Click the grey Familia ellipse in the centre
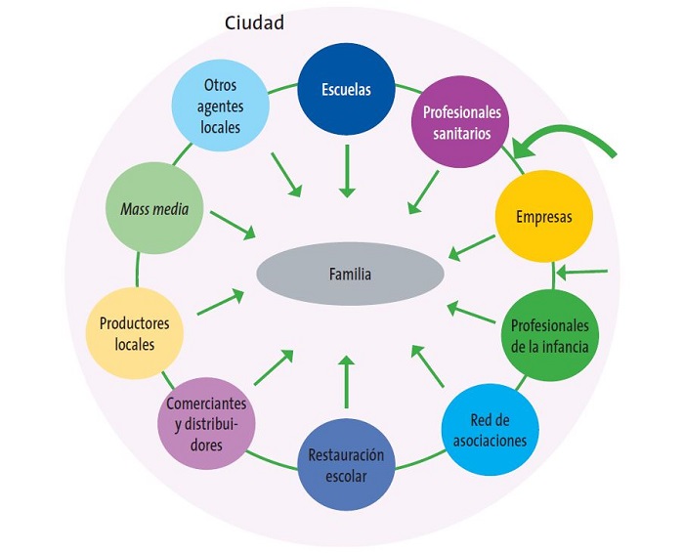tap(349, 275)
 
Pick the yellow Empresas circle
tap(543, 216)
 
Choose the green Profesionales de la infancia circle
tap(549, 334)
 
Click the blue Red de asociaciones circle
tap(490, 430)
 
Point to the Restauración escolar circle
tap(346, 465)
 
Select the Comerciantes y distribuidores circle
tap(206, 422)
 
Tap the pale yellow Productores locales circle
tap(134, 332)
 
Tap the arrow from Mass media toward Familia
tap(233, 225)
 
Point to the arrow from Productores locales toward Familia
tap(220, 302)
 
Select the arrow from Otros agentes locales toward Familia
tap(284, 174)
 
